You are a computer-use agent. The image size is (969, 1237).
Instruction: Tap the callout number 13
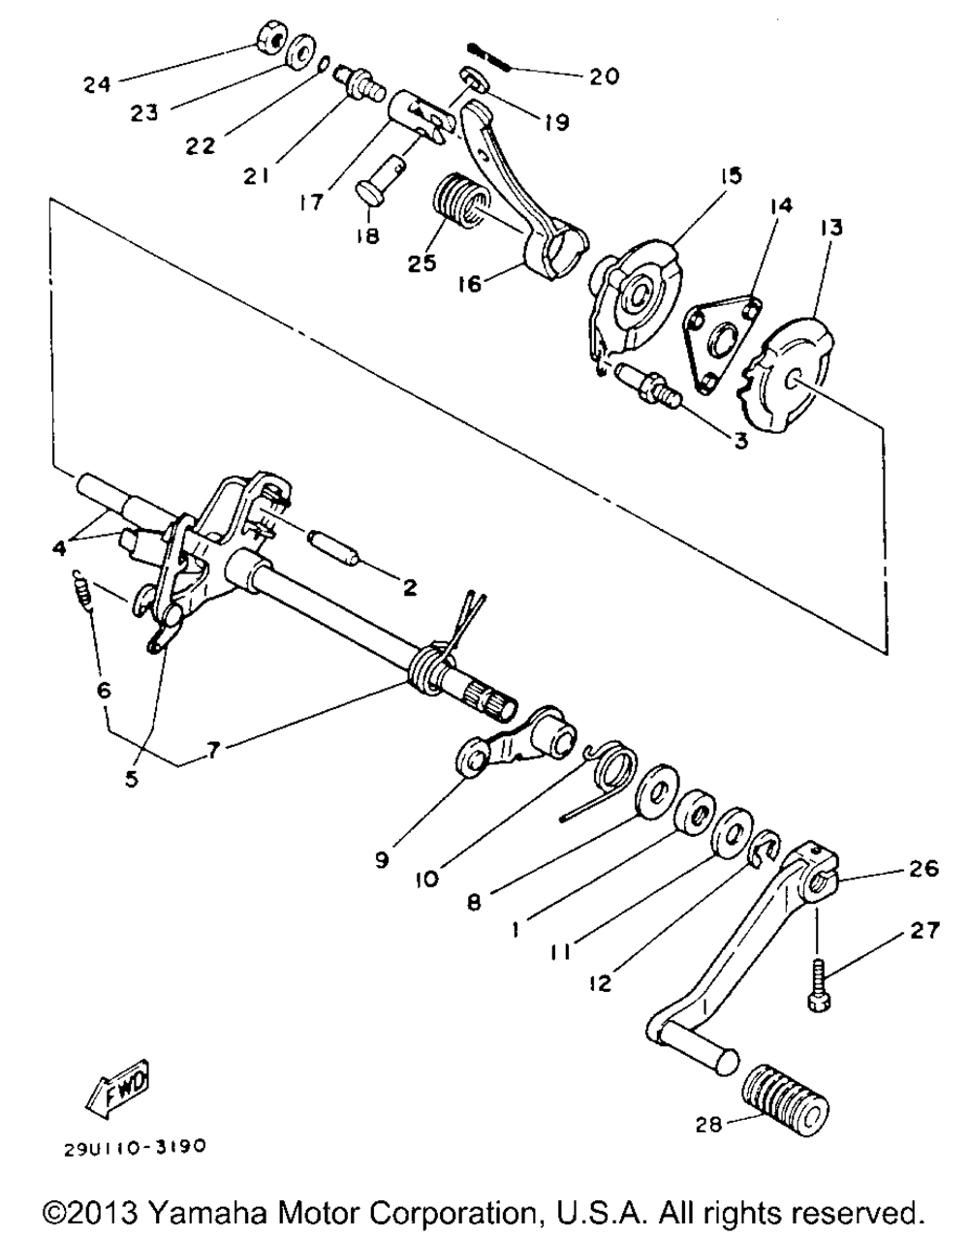[831, 228]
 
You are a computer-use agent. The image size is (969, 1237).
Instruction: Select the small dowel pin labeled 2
[333, 547]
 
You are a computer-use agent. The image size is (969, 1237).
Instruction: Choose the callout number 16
[471, 283]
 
